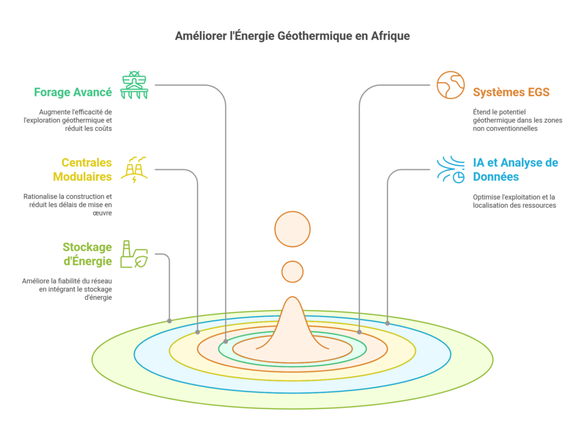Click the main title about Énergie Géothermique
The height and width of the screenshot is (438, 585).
click(x=292, y=36)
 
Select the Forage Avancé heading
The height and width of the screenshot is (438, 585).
click(x=73, y=92)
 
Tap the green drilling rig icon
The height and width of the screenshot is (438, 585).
click(x=134, y=85)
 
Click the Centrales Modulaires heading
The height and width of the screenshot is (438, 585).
click(x=82, y=169)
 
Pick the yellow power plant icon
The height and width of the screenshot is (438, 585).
click(x=134, y=170)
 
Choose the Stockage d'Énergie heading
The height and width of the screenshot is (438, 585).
click(x=87, y=254)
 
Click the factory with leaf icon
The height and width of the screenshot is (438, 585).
click(x=134, y=254)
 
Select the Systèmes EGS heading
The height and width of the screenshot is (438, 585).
click(x=511, y=92)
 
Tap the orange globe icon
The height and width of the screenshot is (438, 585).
click(x=451, y=85)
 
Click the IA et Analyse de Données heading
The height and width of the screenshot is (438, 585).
click(x=516, y=169)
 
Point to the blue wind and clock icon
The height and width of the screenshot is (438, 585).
click(x=451, y=170)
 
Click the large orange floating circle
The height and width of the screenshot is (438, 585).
click(x=292, y=229)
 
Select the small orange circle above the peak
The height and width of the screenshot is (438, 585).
click(x=292, y=272)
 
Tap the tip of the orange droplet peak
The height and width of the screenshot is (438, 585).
click(x=292, y=297)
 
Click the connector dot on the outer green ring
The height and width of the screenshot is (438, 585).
click(x=169, y=321)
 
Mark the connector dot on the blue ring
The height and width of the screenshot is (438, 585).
click(x=388, y=324)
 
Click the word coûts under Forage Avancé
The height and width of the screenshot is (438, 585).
click(x=103, y=129)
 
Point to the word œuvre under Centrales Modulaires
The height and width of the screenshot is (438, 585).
click(x=102, y=213)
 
